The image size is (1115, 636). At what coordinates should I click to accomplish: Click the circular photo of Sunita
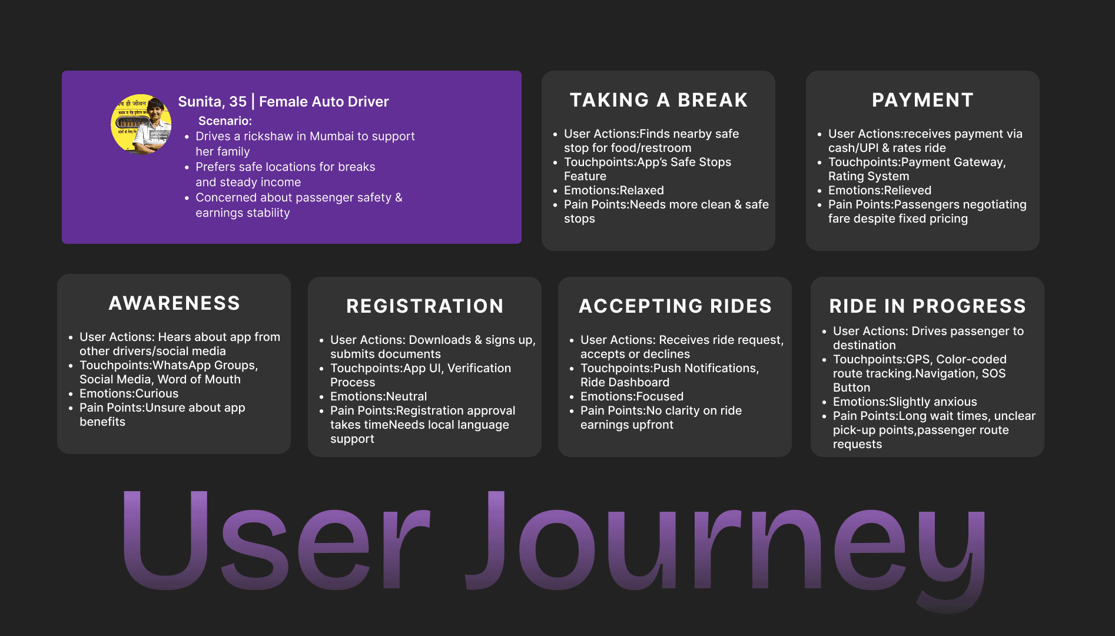tap(141, 124)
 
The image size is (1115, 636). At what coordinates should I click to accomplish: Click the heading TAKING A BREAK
tap(658, 100)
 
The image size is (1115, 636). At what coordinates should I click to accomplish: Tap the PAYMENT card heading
tap(922, 100)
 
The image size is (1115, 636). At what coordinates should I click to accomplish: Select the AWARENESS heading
tap(174, 303)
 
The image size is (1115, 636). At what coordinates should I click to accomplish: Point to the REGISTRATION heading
tap(424, 306)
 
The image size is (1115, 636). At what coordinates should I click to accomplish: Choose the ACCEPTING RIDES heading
tap(675, 306)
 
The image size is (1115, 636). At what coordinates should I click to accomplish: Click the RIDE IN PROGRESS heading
tap(927, 306)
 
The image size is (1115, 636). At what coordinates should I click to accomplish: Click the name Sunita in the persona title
tap(200, 102)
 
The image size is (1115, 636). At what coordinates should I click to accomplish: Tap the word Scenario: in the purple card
tap(225, 121)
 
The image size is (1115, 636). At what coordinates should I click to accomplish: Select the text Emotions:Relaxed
tap(613, 190)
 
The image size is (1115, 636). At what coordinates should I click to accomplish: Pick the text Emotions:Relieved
tap(880, 190)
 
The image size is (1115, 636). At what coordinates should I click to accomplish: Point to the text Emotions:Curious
tap(129, 393)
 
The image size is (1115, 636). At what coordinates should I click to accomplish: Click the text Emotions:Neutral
tap(379, 396)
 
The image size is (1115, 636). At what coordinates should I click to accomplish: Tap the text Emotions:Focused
tap(632, 396)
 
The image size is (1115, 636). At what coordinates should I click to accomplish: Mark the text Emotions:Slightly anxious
tap(905, 402)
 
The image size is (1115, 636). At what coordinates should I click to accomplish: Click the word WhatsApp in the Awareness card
tap(182, 365)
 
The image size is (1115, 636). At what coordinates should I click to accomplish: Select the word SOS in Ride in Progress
tap(994, 373)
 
